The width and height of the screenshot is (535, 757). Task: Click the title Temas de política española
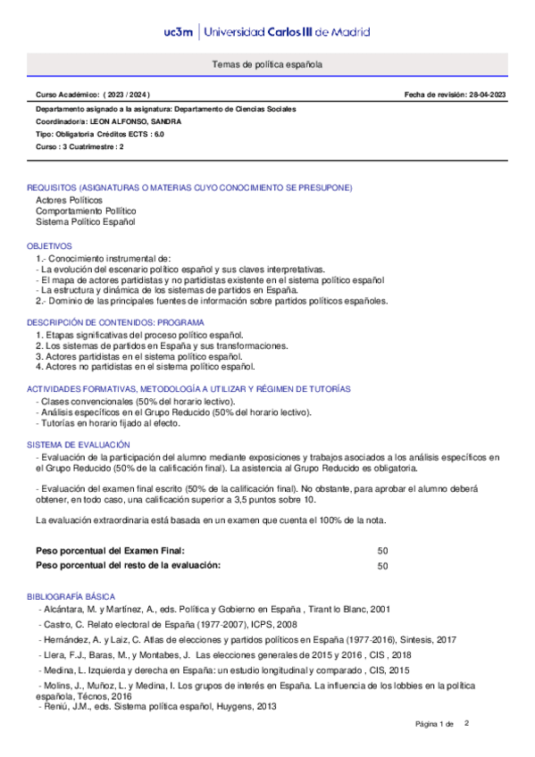(267, 65)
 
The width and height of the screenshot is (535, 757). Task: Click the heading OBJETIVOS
(50, 245)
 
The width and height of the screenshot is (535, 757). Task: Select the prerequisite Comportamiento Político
(86, 211)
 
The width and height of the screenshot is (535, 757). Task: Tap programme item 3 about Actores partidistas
(146, 356)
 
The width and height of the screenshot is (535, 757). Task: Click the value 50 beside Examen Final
(383, 551)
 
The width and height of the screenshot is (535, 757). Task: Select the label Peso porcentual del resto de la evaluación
(127, 566)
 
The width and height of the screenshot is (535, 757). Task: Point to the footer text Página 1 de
(435, 723)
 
